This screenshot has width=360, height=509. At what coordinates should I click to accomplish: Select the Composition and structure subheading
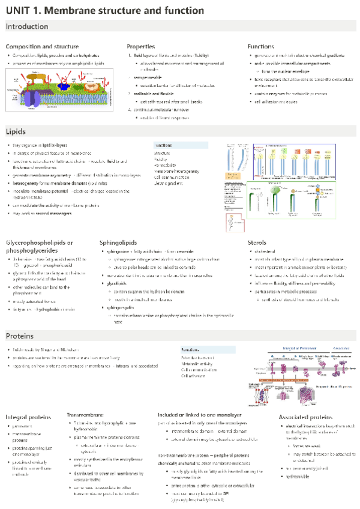coord(42,46)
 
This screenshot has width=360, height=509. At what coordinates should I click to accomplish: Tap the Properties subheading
coord(141,46)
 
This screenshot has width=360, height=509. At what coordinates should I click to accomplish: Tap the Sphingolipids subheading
coord(122,242)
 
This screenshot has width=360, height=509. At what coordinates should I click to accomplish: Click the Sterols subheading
coord(257,242)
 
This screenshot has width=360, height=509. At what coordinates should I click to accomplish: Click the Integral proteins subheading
coord(28,417)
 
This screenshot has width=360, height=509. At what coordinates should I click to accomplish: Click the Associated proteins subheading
coord(306,417)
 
